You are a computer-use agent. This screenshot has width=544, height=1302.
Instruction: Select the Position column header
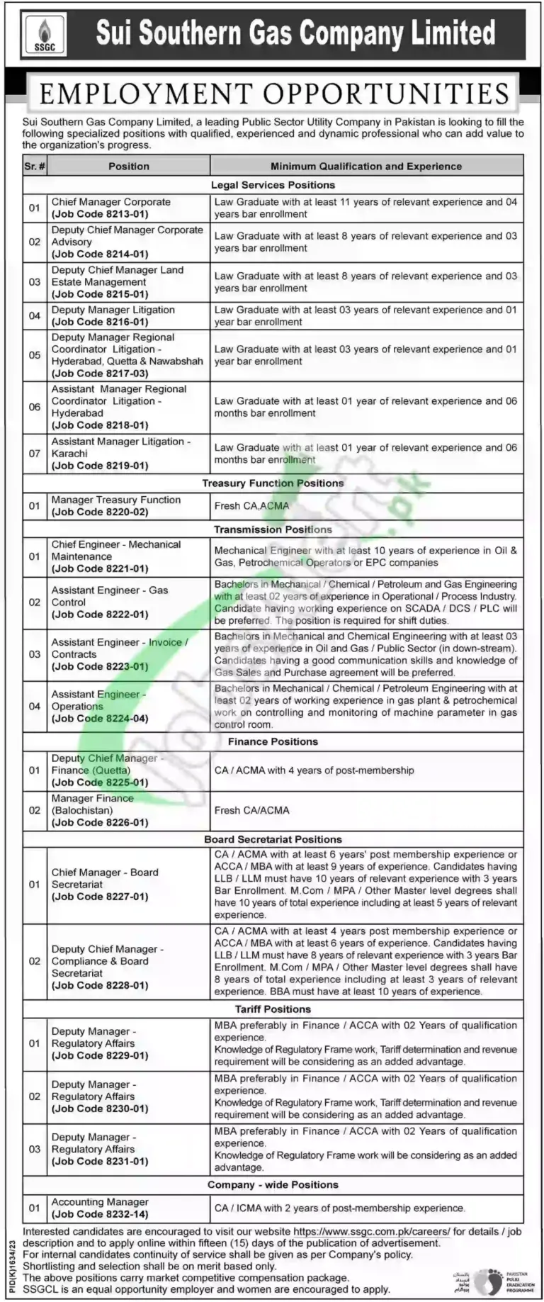tap(128, 167)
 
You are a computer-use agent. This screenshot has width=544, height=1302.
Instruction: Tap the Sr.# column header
tap(35, 167)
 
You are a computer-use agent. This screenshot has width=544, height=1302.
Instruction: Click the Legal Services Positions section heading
tap(273, 185)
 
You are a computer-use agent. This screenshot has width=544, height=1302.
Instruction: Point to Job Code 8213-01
tap(100, 214)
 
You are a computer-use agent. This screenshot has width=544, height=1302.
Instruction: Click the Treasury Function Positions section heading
tap(273, 483)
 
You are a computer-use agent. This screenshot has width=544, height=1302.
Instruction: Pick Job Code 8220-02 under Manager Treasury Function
tap(100, 512)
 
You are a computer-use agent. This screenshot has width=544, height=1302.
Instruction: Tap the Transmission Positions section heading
tap(273, 529)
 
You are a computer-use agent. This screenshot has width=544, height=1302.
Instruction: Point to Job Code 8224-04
tap(100, 718)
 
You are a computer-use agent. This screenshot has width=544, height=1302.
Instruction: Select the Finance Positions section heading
tap(273, 741)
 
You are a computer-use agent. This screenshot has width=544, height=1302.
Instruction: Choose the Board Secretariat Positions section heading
tap(273, 839)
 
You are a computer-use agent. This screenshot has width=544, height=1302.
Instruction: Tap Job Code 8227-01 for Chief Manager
tap(100, 897)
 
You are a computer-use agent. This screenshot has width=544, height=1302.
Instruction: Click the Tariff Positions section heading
tap(273, 1009)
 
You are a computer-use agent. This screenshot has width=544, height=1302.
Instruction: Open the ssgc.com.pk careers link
tap(371, 1232)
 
